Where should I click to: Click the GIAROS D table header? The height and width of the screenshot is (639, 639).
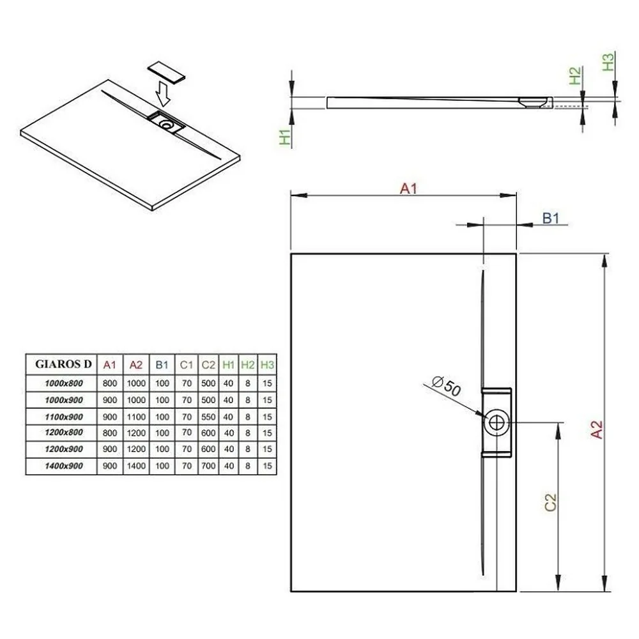pyautogui.click(x=63, y=364)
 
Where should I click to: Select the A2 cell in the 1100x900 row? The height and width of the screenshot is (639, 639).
pyautogui.click(x=136, y=417)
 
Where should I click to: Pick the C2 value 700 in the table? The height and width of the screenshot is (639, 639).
pyautogui.click(x=208, y=465)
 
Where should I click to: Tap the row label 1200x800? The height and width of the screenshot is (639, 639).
pyautogui.click(x=64, y=433)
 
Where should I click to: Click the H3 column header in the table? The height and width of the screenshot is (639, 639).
pyautogui.click(x=267, y=365)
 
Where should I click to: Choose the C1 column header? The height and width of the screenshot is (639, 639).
pyautogui.click(x=186, y=365)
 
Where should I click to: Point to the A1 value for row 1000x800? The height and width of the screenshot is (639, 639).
pyautogui.click(x=110, y=383)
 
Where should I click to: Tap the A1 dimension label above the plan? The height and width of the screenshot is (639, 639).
pyautogui.click(x=408, y=189)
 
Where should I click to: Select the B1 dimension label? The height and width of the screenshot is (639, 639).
pyautogui.click(x=551, y=218)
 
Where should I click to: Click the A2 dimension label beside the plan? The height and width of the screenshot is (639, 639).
pyautogui.click(x=596, y=429)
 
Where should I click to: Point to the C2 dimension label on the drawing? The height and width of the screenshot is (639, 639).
pyautogui.click(x=550, y=502)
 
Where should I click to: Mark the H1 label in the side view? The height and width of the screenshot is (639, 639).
pyautogui.click(x=285, y=137)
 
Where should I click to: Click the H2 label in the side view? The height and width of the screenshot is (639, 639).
pyautogui.click(x=574, y=76)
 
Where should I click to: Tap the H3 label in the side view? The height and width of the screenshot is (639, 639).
pyautogui.click(x=608, y=62)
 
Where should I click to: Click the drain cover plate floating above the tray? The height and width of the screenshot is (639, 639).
pyautogui.click(x=166, y=73)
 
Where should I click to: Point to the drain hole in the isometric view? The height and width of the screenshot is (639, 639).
pyautogui.click(x=166, y=125)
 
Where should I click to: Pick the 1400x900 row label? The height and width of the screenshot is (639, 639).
pyautogui.click(x=64, y=466)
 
